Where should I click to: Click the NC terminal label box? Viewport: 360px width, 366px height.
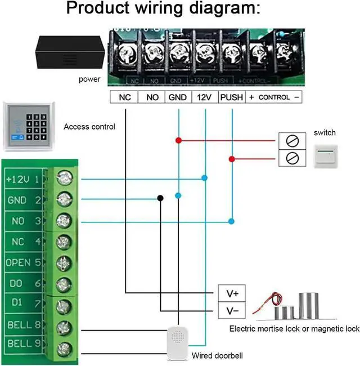pos(124,97)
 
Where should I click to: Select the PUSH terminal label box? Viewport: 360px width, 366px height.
pos(232,97)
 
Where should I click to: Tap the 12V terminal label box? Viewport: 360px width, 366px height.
pos(204,97)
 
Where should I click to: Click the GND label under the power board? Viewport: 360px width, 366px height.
pos(178,97)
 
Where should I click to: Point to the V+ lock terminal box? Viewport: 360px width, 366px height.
pos(232,293)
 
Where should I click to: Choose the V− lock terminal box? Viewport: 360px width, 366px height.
pos(232,311)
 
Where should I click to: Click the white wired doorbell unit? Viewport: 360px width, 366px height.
pos(179,344)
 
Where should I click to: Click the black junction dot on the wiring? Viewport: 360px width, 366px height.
pos(160,198)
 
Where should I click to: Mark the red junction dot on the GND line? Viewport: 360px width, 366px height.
pos(178,140)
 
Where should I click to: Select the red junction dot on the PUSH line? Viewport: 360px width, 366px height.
pos(231,159)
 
